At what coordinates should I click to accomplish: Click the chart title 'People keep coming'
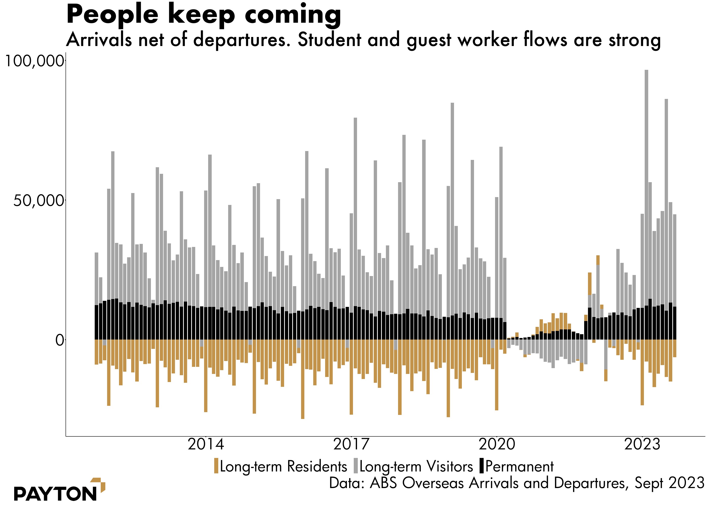(204, 15)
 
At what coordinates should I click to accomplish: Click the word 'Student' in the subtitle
(329, 40)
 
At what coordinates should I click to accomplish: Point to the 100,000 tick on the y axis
(34, 61)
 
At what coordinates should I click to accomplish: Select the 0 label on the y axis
(60, 340)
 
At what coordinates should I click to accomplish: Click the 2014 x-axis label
(206, 444)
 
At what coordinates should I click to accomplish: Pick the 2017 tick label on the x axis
(351, 444)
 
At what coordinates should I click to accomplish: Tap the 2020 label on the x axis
(497, 444)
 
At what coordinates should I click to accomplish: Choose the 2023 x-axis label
(642, 444)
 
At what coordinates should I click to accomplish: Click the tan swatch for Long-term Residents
(216, 466)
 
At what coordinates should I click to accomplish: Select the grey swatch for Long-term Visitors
(356, 466)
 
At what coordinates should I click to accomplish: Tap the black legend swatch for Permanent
(482, 466)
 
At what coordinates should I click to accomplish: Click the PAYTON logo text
(55, 494)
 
